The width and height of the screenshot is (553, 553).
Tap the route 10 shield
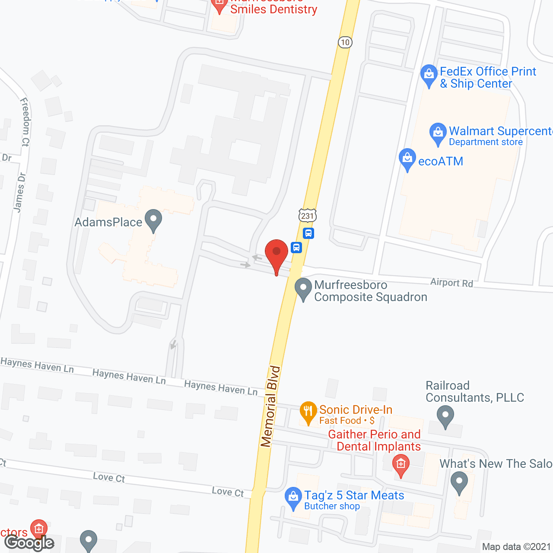point(345,42)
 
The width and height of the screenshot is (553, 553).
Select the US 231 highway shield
point(307,215)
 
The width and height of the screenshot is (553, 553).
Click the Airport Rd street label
point(451,283)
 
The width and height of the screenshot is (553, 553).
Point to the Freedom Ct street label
point(25,122)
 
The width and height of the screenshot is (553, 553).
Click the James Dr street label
point(19,193)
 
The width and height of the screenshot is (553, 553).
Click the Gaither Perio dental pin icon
point(401,466)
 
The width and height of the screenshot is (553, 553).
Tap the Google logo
point(29,543)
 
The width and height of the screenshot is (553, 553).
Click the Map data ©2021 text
point(516,547)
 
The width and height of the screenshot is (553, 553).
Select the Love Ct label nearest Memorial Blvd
point(228,492)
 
